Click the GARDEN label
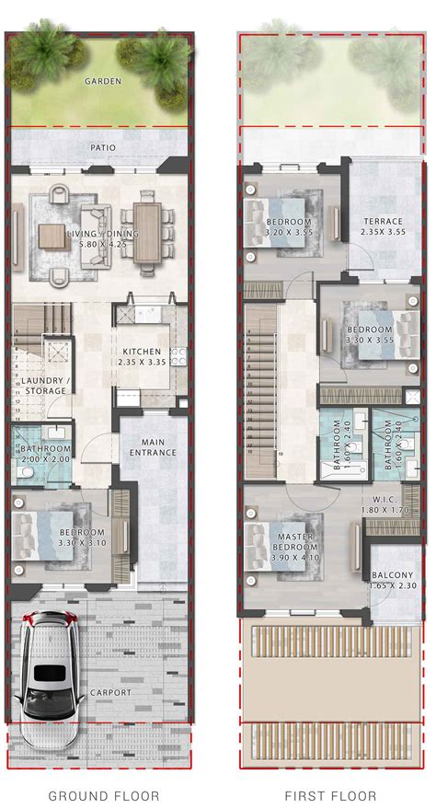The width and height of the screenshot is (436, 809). click(x=103, y=81)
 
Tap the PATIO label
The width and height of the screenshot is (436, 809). click(x=103, y=146)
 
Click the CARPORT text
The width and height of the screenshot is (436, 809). click(x=111, y=692)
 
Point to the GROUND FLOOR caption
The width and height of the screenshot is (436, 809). click(x=104, y=795)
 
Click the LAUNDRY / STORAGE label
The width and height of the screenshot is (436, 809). click(x=42, y=386)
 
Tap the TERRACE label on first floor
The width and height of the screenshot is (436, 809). click(x=382, y=222)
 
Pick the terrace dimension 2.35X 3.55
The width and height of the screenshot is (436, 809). click(x=382, y=233)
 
